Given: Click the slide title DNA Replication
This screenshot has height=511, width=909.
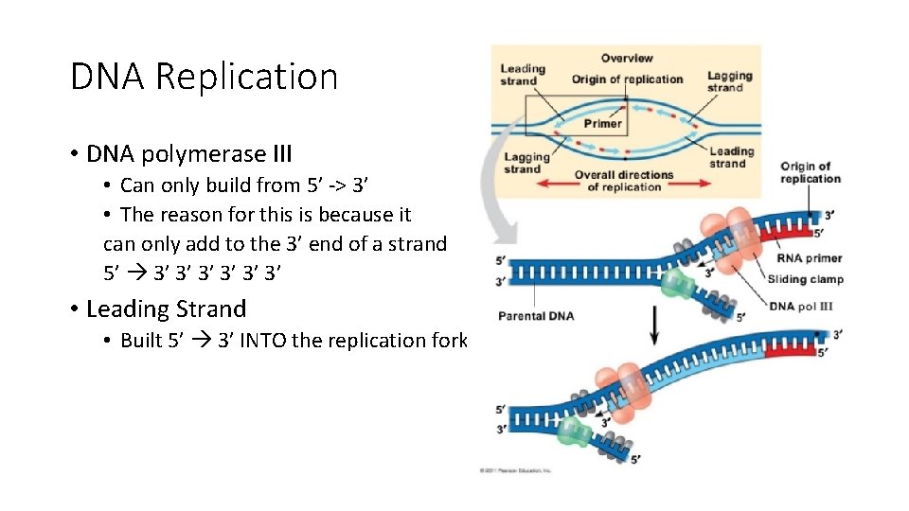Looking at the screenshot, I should (204, 77).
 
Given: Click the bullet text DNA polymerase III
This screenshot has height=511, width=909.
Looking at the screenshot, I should (188, 153).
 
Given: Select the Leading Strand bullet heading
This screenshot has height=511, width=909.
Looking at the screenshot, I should (166, 308).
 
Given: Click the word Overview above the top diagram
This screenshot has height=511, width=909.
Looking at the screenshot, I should (627, 58).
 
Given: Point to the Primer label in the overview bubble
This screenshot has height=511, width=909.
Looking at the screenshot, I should (602, 123).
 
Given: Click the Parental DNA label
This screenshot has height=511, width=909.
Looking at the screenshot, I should (535, 316).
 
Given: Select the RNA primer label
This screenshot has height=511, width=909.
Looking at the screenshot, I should (809, 258).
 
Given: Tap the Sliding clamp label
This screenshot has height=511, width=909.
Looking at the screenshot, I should (805, 279).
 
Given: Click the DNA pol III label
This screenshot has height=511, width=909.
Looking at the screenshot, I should (801, 306).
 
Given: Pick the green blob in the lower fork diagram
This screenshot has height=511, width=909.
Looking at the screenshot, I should (572, 432).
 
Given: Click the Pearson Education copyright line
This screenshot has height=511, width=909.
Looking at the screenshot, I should (517, 470).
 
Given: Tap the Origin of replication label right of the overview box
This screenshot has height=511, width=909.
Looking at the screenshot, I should (810, 172).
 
